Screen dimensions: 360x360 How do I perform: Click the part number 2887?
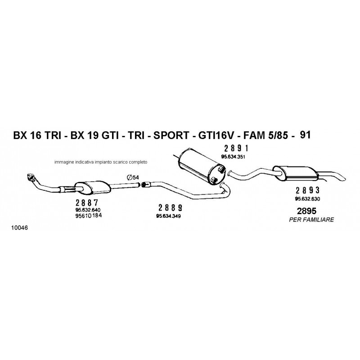pos(87,203)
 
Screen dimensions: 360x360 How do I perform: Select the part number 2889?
pos(170,208)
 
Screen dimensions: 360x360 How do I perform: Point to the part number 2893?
pos(307,190)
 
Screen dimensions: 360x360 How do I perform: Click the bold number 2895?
pos(306,211)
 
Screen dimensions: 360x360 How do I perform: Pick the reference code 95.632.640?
pos(88,210)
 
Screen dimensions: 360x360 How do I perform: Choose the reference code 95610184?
pos(88,216)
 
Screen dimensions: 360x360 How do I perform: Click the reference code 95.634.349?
pos(168,216)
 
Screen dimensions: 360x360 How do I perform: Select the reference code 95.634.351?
pos(233,157)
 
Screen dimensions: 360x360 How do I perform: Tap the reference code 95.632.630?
pos(307,199)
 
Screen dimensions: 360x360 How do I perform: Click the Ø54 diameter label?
pos(133,177)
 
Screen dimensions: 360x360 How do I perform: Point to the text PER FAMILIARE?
pos(311,220)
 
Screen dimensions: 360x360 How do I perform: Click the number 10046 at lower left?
pos(19,228)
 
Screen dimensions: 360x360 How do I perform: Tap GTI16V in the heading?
pos(216,135)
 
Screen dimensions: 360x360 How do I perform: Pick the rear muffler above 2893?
pos(296,173)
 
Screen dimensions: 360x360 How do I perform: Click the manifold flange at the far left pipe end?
pos(30,177)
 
